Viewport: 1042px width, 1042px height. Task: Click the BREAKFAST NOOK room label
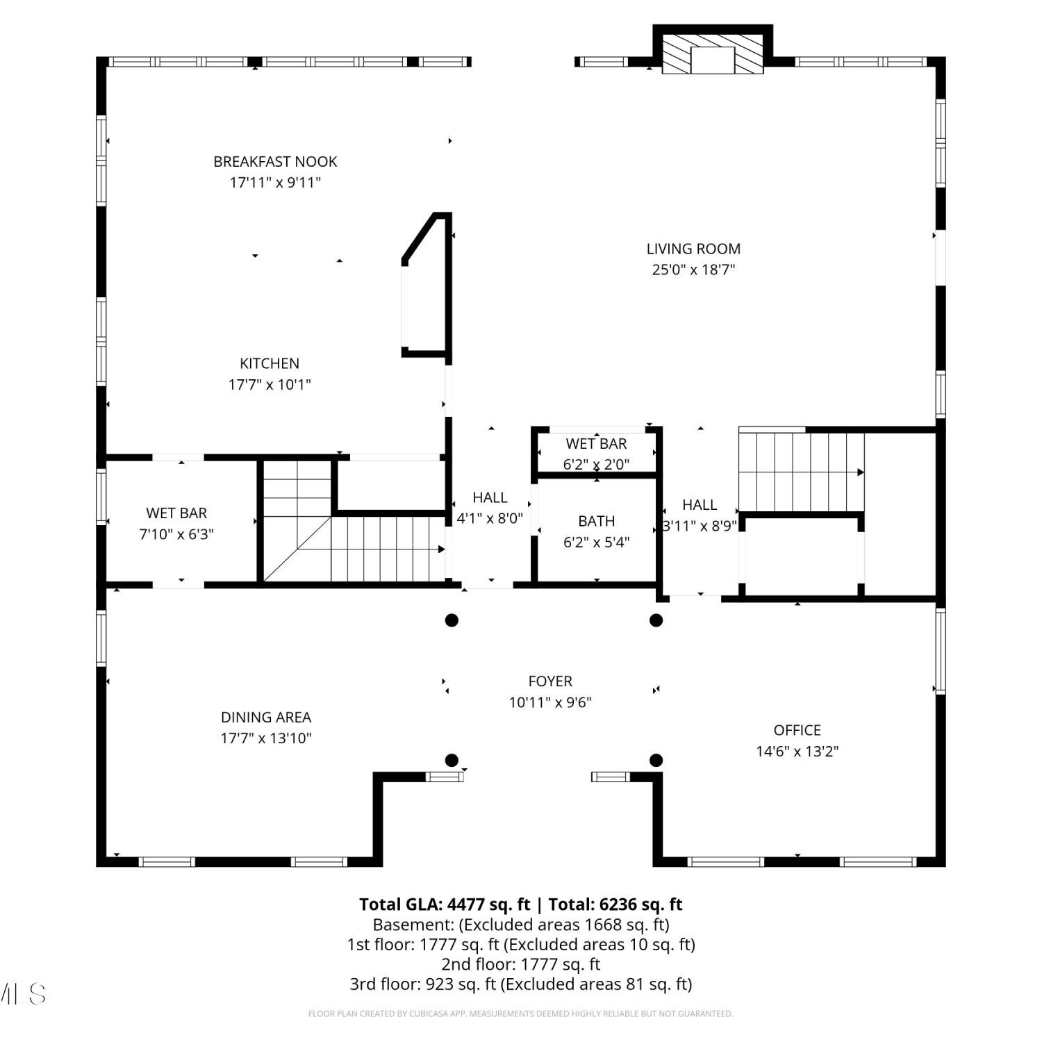tap(275, 162)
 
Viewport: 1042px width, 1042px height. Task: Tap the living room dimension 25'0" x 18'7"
tap(693, 270)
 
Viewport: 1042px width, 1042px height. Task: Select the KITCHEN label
tap(270, 363)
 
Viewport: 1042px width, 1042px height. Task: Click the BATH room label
tap(597, 521)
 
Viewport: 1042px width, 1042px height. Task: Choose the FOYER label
tap(550, 681)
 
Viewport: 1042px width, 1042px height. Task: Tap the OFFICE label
tap(797, 730)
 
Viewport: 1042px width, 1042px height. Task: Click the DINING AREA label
tap(266, 718)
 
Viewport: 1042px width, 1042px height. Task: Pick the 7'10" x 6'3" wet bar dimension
tap(176, 534)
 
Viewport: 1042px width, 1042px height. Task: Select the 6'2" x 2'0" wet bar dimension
tap(597, 464)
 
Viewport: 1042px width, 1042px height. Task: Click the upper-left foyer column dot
tap(452, 620)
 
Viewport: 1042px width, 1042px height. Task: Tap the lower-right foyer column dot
tap(656, 760)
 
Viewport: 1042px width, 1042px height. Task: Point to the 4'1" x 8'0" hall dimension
tap(490, 518)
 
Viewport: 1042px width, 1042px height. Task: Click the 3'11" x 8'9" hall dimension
tap(700, 526)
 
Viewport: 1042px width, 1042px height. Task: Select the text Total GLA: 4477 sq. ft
tap(445, 904)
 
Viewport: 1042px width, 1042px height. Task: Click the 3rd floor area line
tap(521, 984)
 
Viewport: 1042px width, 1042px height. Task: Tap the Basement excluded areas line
tap(521, 925)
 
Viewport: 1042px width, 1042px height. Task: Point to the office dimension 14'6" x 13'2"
tap(797, 751)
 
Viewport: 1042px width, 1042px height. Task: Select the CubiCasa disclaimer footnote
tap(521, 1014)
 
